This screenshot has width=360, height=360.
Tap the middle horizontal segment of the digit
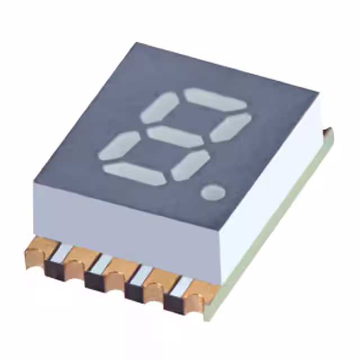[x=178, y=135]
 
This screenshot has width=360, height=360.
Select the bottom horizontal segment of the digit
[x=135, y=172]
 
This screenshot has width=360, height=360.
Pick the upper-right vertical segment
[x=231, y=127]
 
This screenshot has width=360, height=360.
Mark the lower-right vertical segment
[x=191, y=164]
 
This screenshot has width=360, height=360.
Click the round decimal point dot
[x=213, y=192]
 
